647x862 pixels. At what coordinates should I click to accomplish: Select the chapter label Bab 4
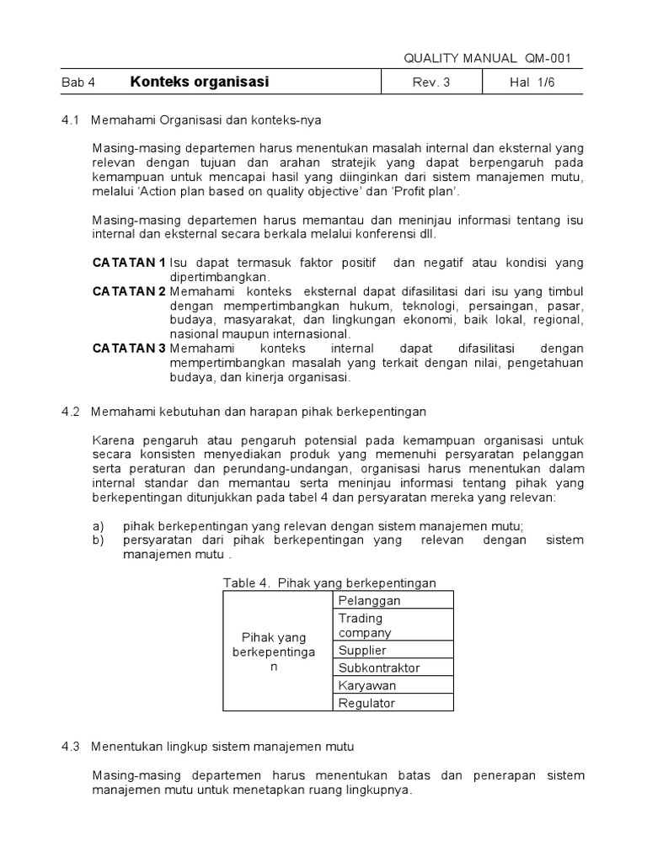coord(79,82)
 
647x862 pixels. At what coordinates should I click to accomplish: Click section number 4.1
coord(70,120)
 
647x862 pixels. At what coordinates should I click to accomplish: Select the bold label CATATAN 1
coord(129,263)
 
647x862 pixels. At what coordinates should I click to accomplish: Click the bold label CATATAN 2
coord(129,291)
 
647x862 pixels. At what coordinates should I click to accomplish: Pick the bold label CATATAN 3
coord(129,348)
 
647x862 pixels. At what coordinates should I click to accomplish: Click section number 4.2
coord(70,412)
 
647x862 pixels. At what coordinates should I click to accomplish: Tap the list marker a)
coord(99,526)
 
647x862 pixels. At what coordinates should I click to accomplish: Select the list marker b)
coord(99,540)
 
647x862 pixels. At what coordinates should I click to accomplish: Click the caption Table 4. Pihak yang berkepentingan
coord(329,583)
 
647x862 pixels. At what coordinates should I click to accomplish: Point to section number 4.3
coord(70,746)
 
